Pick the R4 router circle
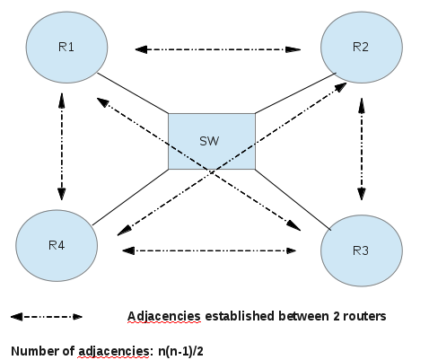56,245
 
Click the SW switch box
211,141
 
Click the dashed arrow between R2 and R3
362,148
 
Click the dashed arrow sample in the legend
46,317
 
